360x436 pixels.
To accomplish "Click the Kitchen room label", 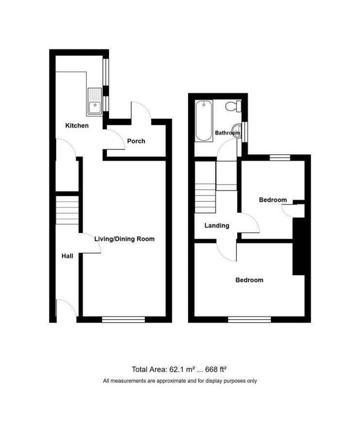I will [x=77, y=126].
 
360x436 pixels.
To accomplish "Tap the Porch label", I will [x=136, y=141].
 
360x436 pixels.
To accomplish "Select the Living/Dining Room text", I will [x=125, y=239].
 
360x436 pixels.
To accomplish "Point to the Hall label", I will [x=67, y=256].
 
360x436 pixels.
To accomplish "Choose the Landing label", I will [x=217, y=226].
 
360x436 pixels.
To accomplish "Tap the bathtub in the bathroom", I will [x=204, y=121].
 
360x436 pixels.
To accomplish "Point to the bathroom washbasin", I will [x=236, y=130].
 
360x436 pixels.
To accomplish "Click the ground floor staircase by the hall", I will [x=67, y=210].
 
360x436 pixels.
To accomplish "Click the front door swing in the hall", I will [x=65, y=308].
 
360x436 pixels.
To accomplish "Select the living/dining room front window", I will [x=124, y=319].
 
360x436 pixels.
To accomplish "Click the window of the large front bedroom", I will [x=250, y=319].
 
